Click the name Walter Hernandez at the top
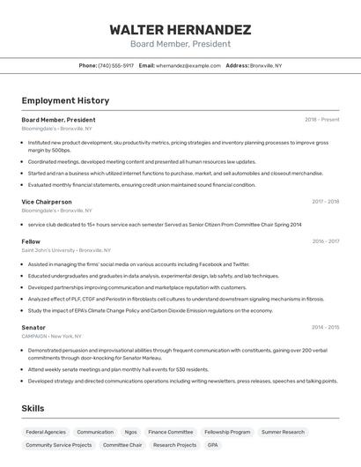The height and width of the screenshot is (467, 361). tap(180, 29)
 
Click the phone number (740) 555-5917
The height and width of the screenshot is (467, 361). tap(116, 65)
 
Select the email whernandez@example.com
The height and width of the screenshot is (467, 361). tap(188, 65)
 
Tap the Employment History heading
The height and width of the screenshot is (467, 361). tap(65, 100)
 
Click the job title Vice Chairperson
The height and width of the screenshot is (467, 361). tap(47, 202)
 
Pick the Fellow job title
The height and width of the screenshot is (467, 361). tap(31, 241)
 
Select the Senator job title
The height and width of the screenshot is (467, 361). tap(33, 327)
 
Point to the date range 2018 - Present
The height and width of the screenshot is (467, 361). tap(321, 120)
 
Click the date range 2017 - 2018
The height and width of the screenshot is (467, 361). tap(325, 202)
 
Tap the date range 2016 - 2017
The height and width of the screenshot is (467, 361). tap(325, 241)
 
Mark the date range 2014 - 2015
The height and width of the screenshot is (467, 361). tap(325, 327)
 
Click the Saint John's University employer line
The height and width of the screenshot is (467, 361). tap(66, 250)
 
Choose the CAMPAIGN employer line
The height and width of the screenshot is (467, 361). tap(51, 337)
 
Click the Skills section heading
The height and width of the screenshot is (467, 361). tap(34, 409)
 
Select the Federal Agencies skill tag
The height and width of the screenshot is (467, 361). tap(46, 433)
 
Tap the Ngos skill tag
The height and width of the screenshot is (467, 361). tap(130, 433)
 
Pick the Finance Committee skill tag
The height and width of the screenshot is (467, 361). tap(171, 433)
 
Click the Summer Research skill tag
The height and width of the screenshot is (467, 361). tap(283, 433)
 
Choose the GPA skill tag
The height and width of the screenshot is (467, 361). tap(213, 445)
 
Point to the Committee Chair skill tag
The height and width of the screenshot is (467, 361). tap(122, 445)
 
